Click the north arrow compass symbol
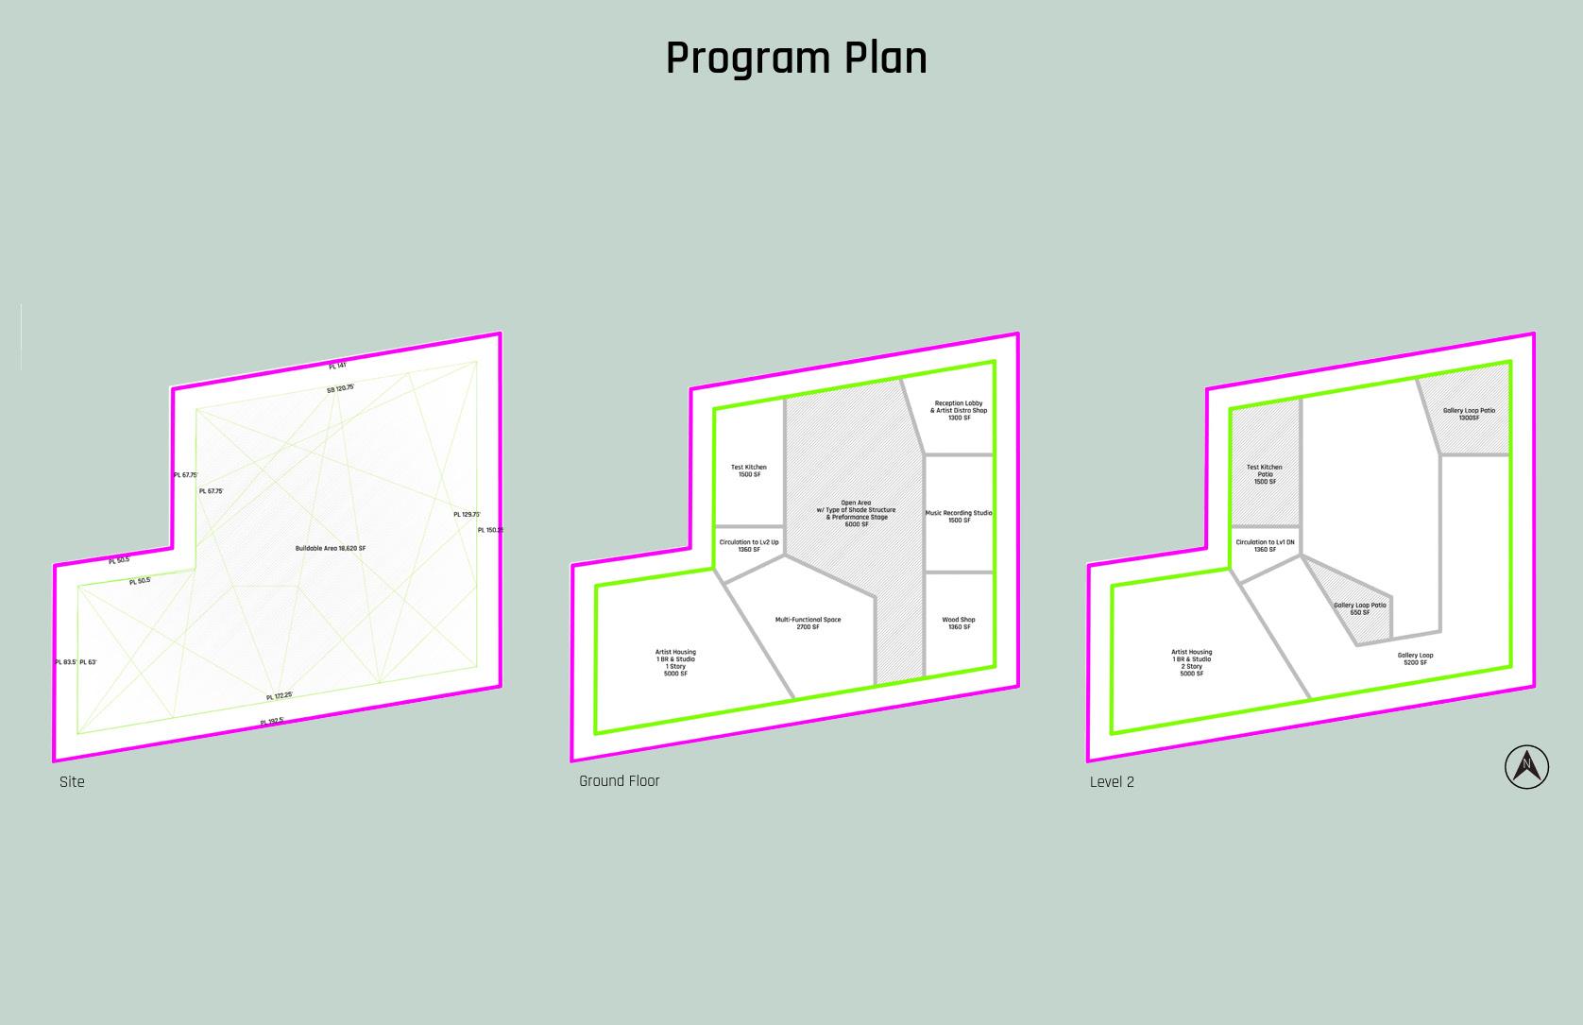click(x=1526, y=766)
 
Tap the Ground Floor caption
click(x=619, y=781)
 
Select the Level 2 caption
click(x=1112, y=782)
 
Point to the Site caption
click(x=72, y=782)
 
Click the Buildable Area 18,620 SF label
click(x=331, y=548)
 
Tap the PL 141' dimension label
click(x=337, y=366)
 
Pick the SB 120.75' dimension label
click(x=340, y=388)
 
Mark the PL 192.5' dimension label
click(x=272, y=722)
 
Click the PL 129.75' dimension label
click(x=467, y=515)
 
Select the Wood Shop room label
click(x=959, y=624)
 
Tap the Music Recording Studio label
click(x=959, y=517)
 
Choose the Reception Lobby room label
click(x=959, y=410)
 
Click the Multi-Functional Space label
click(x=808, y=624)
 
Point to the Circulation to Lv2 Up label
click(x=749, y=546)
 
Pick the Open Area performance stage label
click(x=856, y=513)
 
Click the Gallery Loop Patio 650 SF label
click(x=1360, y=608)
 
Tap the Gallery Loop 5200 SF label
click(x=1415, y=658)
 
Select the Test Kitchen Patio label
click(x=1265, y=474)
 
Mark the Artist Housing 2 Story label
click(x=1191, y=662)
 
